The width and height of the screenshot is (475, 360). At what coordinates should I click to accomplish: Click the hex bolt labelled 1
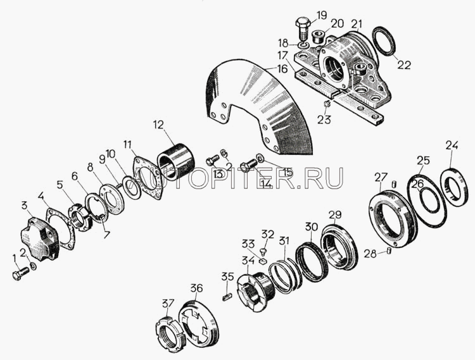click(x=21, y=274)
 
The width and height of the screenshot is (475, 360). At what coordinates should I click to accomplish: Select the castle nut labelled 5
click(x=79, y=217)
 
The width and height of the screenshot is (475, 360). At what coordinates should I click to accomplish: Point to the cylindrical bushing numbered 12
click(x=175, y=162)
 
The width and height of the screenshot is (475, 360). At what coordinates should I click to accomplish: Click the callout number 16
click(x=282, y=69)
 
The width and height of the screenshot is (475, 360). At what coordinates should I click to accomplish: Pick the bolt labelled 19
click(x=303, y=30)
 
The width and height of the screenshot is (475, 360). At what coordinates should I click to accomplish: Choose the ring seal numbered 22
click(x=384, y=42)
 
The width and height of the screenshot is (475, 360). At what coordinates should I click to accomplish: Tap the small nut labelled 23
click(x=327, y=104)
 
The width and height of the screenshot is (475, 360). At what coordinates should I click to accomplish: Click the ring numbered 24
click(x=454, y=187)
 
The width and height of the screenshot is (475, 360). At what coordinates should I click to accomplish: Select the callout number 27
click(x=381, y=178)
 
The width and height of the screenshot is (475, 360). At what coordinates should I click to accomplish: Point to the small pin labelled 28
click(x=389, y=251)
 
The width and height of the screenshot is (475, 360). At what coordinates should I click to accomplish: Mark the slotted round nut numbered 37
click(x=168, y=333)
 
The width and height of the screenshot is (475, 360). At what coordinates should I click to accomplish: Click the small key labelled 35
click(x=227, y=297)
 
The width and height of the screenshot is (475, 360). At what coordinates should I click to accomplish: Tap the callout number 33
click(x=248, y=244)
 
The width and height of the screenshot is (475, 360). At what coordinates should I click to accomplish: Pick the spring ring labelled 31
click(x=286, y=277)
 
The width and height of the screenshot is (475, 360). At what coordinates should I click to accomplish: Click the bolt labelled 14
click(x=248, y=167)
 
